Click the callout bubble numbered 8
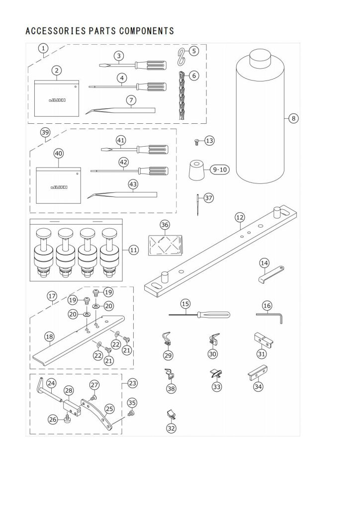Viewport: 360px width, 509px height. pyautogui.click(x=293, y=118)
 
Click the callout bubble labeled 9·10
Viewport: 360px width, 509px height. pyautogui.click(x=220, y=169)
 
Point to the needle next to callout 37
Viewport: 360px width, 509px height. pyautogui.click(x=197, y=204)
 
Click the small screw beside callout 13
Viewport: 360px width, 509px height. pyautogui.click(x=196, y=141)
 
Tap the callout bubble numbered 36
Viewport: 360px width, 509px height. pyautogui.click(x=165, y=225)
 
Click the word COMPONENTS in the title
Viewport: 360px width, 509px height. pyautogui.click(x=146, y=31)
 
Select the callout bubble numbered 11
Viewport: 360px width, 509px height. pyautogui.click(x=133, y=250)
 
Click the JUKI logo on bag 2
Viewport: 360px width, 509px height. pyautogui.click(x=57, y=100)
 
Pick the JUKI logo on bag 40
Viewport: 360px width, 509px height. pyautogui.click(x=59, y=187)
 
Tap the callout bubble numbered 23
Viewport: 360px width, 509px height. pyautogui.click(x=132, y=383)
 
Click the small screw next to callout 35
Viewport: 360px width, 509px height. pyautogui.click(x=132, y=413)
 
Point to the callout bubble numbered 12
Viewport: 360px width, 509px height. pyautogui.click(x=240, y=217)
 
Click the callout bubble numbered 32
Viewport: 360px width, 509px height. pyautogui.click(x=171, y=428)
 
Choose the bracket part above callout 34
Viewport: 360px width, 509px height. pyautogui.click(x=258, y=373)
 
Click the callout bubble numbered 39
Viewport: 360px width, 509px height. pyautogui.click(x=45, y=132)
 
